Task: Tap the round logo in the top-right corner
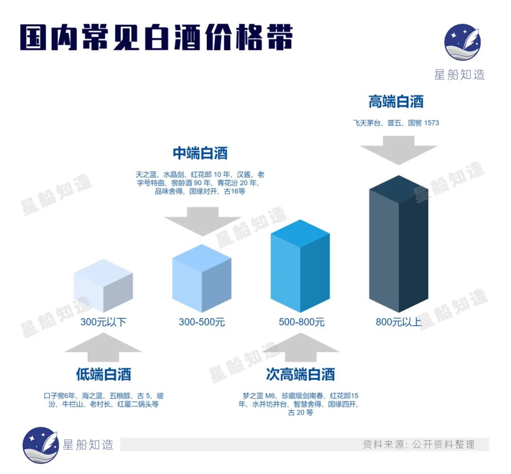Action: click(x=462, y=42)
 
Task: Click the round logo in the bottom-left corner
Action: click(x=41, y=445)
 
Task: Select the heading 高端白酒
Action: click(x=396, y=102)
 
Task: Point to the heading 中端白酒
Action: click(x=200, y=153)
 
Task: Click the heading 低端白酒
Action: click(x=103, y=374)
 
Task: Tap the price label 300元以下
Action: click(x=103, y=323)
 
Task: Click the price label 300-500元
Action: click(x=202, y=323)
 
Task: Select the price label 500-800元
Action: click(x=301, y=323)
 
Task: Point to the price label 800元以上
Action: click(x=398, y=323)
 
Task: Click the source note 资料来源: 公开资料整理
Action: click(x=418, y=444)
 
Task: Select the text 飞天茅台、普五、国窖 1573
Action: click(x=396, y=123)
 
